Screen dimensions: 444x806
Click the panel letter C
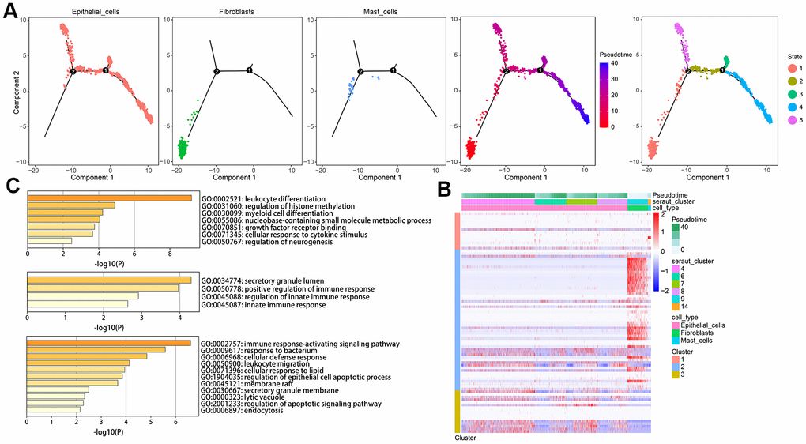coord(11,186)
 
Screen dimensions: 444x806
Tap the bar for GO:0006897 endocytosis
coord(53,409)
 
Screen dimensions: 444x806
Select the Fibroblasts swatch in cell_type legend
coord(675,330)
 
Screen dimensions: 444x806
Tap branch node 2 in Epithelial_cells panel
coord(73,72)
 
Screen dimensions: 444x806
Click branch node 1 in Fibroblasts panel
coord(250,71)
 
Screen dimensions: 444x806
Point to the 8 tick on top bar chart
coord(170,254)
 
